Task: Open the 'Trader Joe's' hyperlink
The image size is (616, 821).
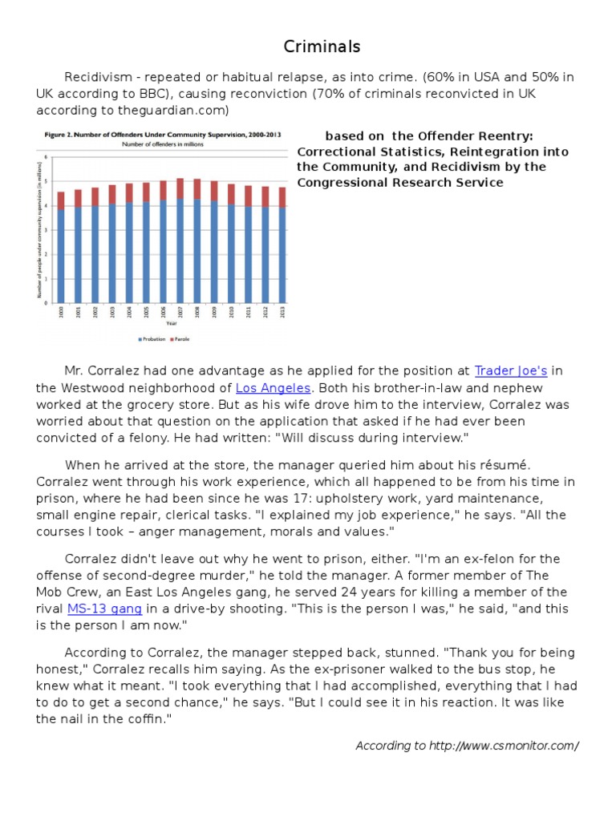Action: tap(510, 370)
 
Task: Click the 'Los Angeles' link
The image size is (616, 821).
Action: tap(273, 387)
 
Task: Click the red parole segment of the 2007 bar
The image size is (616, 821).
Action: tap(180, 188)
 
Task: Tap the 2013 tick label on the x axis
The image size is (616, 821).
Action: tap(282, 311)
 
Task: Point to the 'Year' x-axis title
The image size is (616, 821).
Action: tap(172, 324)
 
